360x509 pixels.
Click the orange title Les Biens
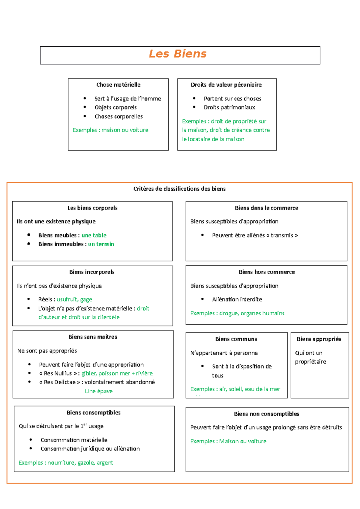pos(178,54)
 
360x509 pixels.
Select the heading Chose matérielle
pos(118,85)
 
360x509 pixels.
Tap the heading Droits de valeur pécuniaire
pos(226,85)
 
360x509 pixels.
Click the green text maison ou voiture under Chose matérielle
pos(125,130)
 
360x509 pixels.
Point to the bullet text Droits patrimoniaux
pos(229,107)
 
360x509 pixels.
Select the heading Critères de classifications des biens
pos(179,189)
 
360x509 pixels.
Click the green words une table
pos(94,235)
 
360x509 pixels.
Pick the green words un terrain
pos(101,244)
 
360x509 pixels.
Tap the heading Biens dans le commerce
pos(266,208)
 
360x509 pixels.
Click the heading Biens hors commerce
pos(267,272)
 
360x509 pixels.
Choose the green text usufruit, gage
pos(74,299)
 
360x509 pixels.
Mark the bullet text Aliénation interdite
pos(237,299)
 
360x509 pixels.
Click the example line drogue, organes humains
pos(252,313)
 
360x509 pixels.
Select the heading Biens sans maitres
pos(93,337)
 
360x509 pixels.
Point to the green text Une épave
pos(99,391)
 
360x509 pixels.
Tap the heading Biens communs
pos(236,339)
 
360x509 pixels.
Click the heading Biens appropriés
pos(319,339)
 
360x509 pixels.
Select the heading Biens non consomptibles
pos(267,414)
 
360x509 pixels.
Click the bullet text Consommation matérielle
pos(74,440)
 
